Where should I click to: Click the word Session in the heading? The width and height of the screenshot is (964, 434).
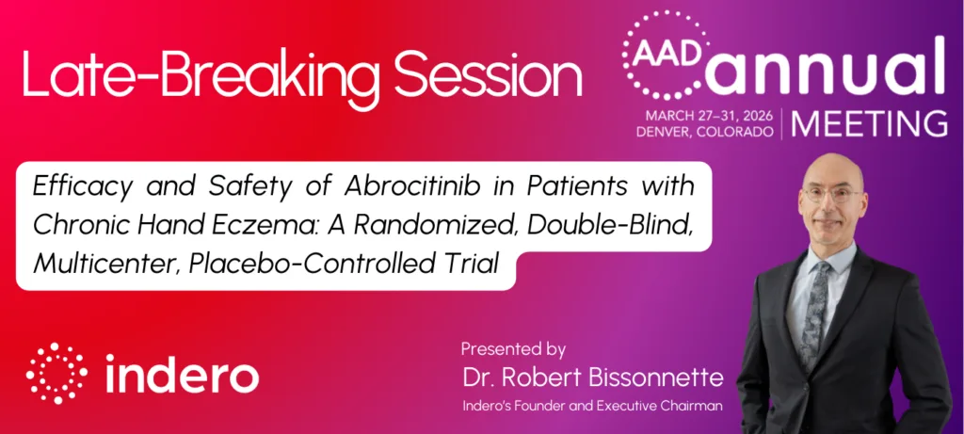[x=487, y=75]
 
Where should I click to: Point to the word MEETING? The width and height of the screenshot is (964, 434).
[x=869, y=124]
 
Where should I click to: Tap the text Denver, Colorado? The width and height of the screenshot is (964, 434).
[x=704, y=132]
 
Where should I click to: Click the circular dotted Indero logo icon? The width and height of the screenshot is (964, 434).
[x=56, y=373]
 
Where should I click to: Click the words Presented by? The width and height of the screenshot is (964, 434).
[x=513, y=350]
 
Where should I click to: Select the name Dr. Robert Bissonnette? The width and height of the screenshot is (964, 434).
[x=593, y=378]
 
